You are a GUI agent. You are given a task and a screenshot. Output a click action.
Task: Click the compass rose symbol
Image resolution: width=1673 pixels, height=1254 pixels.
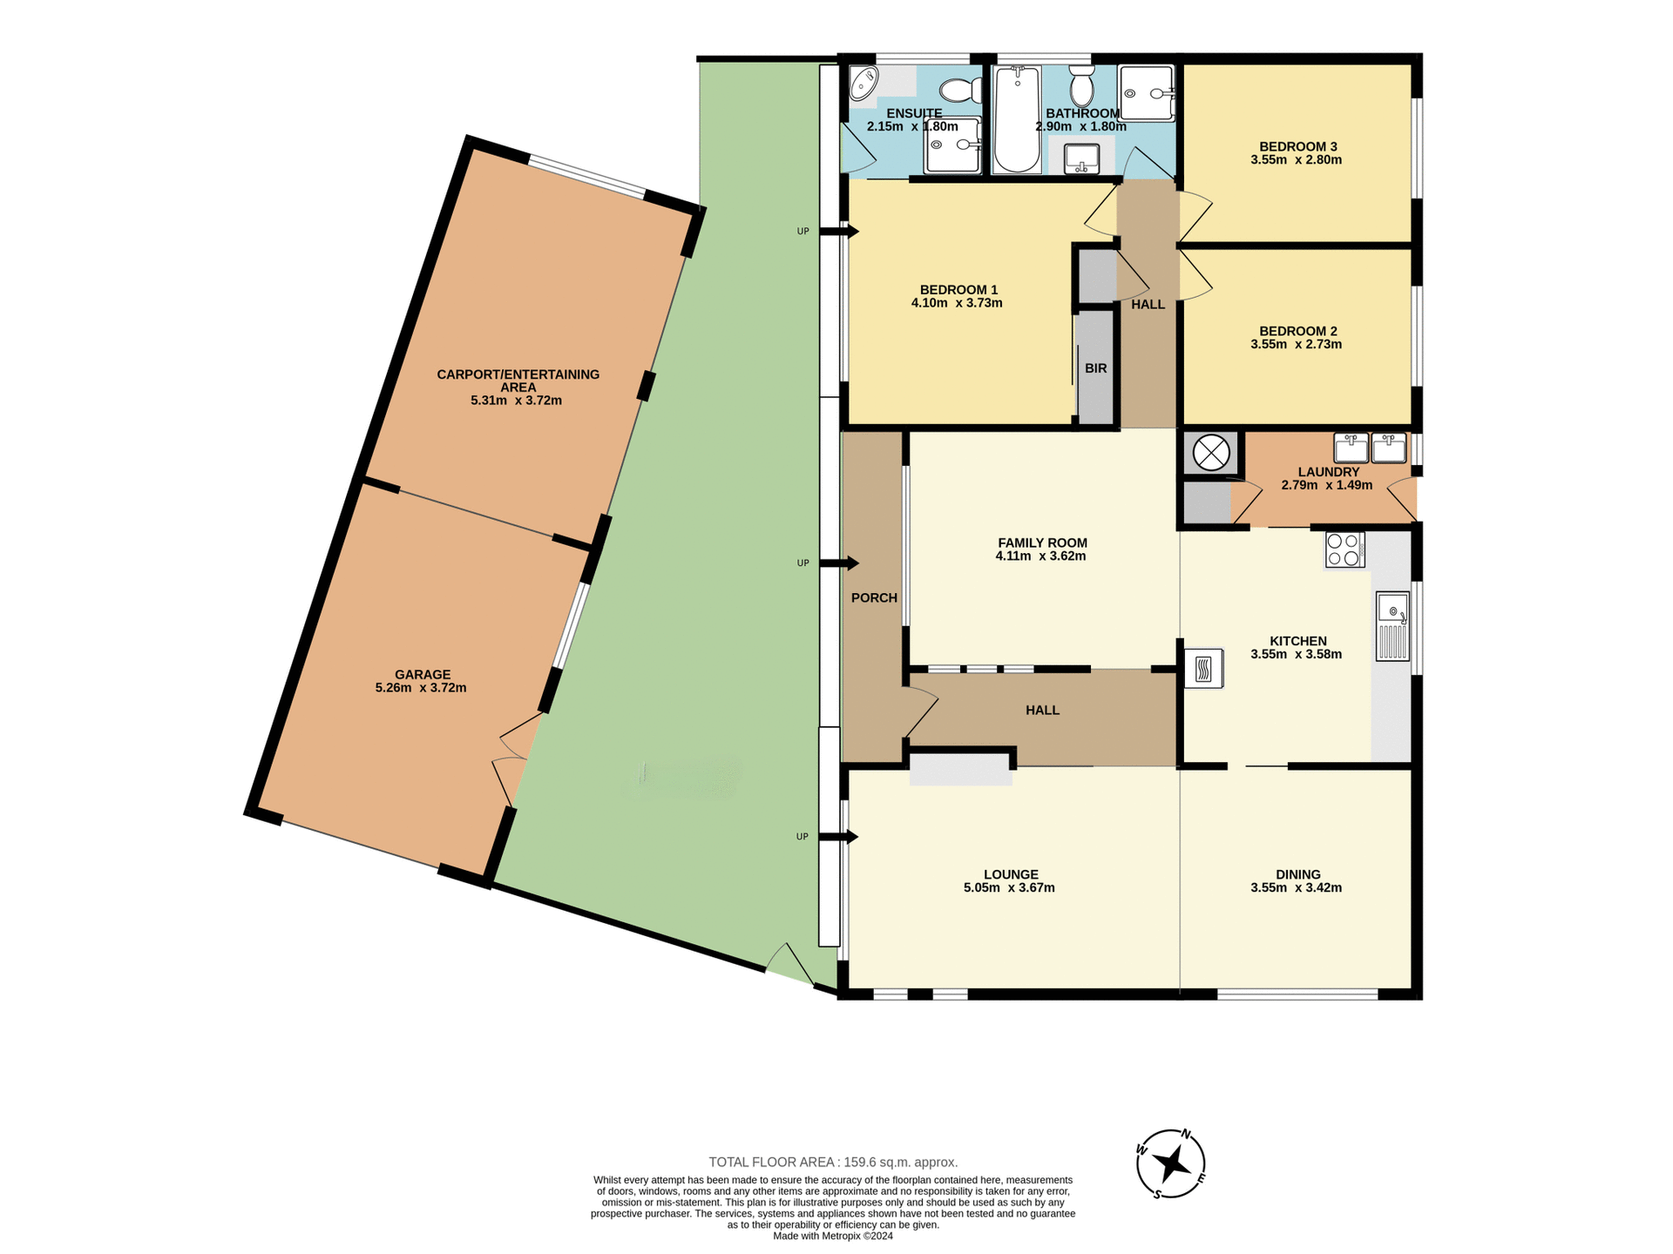[x=1170, y=1163]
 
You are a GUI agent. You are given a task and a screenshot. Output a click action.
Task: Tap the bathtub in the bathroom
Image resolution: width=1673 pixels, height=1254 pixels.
[x=1017, y=120]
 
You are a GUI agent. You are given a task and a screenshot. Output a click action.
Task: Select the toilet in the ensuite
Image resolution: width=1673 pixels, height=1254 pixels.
[x=960, y=90]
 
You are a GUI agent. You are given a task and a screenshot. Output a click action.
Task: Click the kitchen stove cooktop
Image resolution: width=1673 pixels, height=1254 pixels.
[x=1344, y=549]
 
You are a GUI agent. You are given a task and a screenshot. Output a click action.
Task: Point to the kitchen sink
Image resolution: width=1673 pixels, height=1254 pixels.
[x=1392, y=625]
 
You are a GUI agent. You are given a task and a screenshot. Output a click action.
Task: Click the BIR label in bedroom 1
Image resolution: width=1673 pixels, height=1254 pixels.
[x=1095, y=368]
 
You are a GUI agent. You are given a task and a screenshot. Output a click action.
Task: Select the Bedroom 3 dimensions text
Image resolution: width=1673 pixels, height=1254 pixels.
[x=1296, y=160]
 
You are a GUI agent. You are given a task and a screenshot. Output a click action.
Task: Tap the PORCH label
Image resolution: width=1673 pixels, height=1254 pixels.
[x=874, y=597]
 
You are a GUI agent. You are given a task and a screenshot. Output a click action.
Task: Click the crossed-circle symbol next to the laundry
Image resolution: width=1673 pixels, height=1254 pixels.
[x=1210, y=453]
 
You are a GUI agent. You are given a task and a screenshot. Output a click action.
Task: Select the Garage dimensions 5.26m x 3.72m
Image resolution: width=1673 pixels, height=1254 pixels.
[x=421, y=688]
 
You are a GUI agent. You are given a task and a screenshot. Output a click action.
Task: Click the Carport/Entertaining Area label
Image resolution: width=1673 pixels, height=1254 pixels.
[x=518, y=381]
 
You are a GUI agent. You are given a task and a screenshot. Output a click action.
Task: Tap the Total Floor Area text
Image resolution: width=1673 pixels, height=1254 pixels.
[x=833, y=1162]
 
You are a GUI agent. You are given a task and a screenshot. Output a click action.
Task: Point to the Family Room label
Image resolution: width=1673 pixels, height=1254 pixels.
[x=1042, y=543]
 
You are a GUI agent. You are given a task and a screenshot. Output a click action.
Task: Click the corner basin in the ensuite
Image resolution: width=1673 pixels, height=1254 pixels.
[x=864, y=84]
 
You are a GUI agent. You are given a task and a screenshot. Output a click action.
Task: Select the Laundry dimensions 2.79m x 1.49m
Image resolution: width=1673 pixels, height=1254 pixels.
[x=1326, y=485]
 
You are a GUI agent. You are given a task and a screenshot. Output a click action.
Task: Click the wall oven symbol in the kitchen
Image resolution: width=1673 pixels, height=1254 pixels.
[x=1203, y=669]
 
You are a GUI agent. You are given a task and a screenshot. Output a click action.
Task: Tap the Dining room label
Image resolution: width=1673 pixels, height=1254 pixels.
[x=1297, y=874]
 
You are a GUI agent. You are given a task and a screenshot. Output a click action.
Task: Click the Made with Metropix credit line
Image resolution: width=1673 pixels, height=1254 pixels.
[x=832, y=1236]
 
